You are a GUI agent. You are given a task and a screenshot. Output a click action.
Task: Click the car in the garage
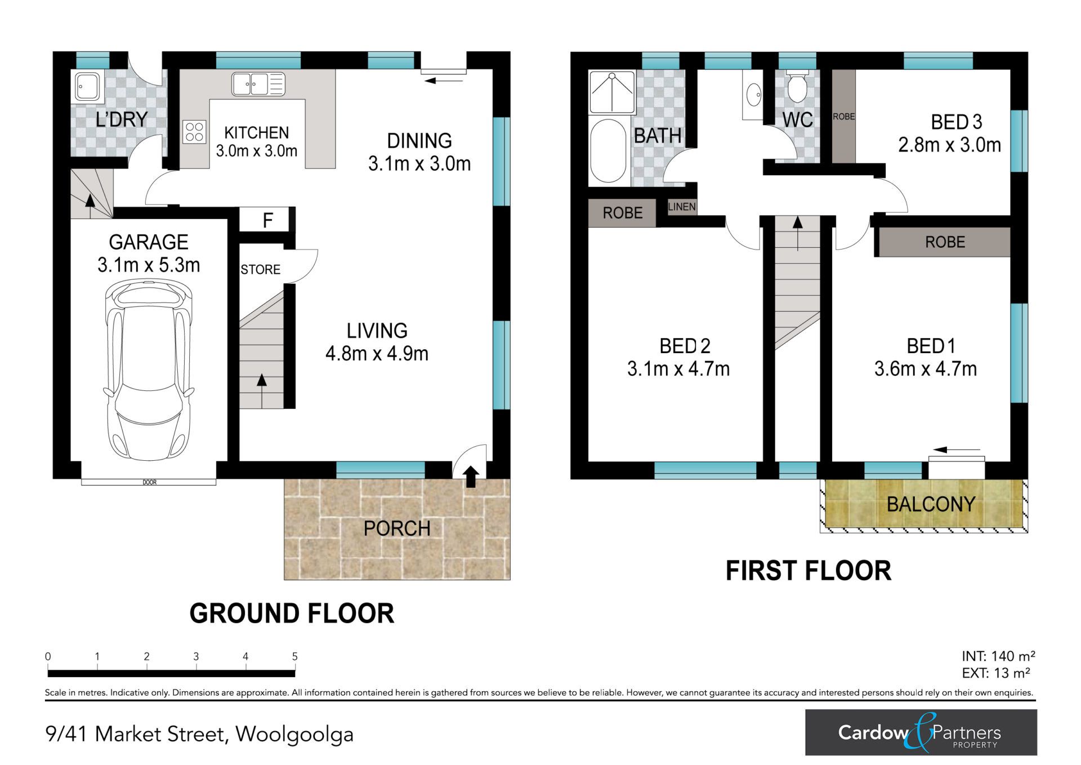[149, 370]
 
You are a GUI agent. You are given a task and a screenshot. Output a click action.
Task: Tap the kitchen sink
[258, 84]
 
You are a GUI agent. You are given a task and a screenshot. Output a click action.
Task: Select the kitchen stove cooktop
[194, 132]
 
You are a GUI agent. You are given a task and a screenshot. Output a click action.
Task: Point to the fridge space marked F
[267, 220]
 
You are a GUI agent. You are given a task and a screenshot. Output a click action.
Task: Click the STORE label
[260, 269]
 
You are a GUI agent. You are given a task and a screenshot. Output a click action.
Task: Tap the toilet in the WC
[797, 87]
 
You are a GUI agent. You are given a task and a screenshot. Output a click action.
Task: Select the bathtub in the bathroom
[608, 150]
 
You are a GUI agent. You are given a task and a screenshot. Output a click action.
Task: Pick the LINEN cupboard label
[682, 207]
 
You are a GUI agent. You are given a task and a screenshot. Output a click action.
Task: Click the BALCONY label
[931, 504]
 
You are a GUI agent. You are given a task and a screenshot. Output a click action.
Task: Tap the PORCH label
[397, 528]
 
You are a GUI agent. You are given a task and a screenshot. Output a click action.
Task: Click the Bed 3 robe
[843, 117]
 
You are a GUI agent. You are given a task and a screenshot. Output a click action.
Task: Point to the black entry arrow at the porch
[471, 477]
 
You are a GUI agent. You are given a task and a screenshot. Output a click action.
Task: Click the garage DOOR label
[149, 482]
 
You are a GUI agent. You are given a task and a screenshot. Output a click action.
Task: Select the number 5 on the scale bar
[294, 656]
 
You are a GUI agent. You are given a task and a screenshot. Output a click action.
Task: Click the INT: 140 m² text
[998, 656]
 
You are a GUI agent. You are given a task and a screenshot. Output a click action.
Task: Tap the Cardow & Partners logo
[921, 732]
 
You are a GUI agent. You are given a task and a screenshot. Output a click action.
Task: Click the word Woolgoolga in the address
[294, 735]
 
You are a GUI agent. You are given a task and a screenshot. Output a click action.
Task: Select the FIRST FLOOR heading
[808, 571]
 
